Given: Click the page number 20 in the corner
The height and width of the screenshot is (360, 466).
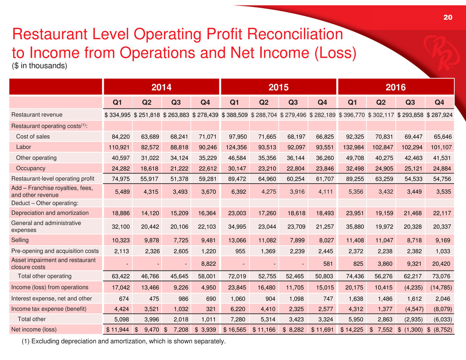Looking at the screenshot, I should (447, 18).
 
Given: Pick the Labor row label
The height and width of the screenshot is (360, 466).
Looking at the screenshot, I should (23, 147).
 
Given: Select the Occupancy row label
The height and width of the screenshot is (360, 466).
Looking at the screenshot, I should (31, 169).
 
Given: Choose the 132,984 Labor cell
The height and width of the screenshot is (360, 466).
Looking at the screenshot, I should (352, 147).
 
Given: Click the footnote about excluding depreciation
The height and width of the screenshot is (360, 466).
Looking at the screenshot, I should (123, 342).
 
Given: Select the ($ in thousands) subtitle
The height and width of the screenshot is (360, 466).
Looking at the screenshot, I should (40, 66).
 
